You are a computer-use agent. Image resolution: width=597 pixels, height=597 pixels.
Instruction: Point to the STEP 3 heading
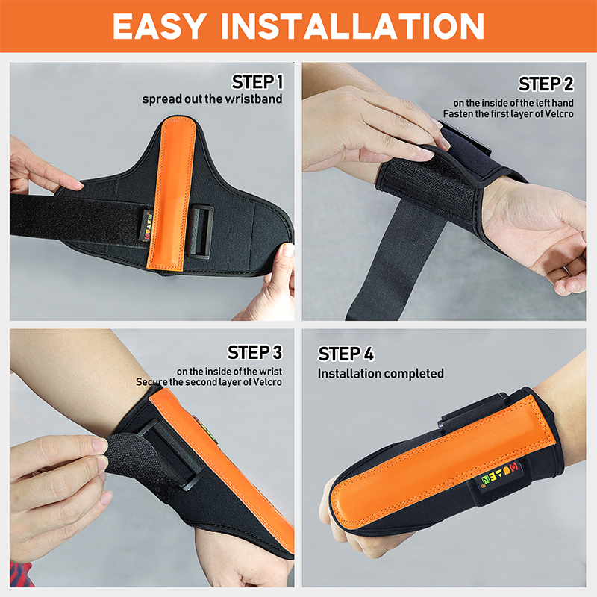(x=255, y=352)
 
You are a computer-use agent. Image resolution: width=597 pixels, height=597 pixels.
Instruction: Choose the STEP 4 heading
(x=346, y=354)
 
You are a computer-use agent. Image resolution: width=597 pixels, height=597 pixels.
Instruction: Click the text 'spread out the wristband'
(x=213, y=99)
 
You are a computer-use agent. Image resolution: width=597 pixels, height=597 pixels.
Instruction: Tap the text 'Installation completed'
(x=381, y=373)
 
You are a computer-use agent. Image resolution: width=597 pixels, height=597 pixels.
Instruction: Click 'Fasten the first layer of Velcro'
(x=514, y=114)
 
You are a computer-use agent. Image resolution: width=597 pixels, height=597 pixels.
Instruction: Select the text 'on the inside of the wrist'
(x=229, y=371)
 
